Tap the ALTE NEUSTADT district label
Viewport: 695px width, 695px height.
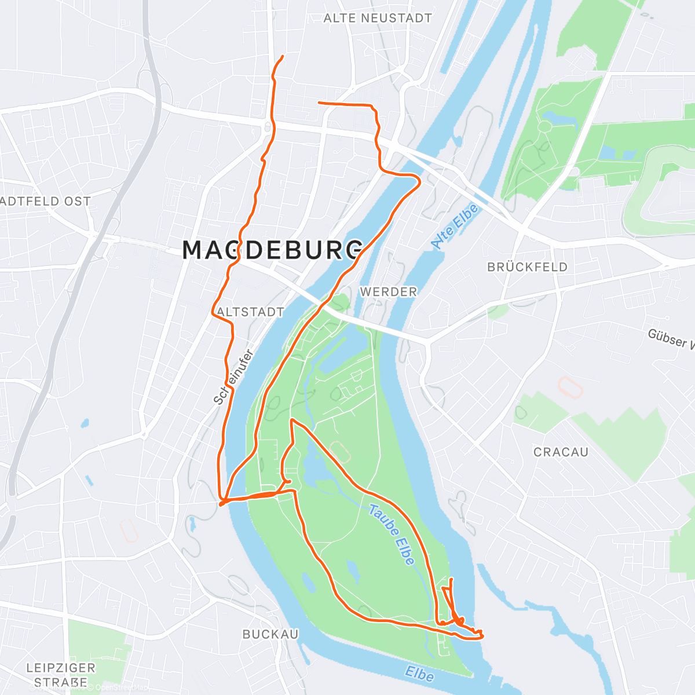(378, 19)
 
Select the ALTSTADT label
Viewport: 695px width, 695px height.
(251, 312)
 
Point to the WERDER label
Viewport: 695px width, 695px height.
(389, 292)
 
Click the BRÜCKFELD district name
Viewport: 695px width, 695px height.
(527, 267)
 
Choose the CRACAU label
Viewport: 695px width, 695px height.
(561, 452)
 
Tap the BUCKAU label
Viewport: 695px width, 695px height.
(270, 634)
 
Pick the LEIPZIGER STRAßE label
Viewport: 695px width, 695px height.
(61, 675)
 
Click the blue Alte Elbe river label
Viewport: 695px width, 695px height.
(455, 226)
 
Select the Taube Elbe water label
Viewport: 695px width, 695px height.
(393, 535)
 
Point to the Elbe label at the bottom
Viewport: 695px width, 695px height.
(419, 674)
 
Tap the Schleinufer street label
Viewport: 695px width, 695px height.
(234, 376)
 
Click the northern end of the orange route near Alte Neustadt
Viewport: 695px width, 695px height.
(283, 56)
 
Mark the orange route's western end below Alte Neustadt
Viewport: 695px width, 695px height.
(319, 103)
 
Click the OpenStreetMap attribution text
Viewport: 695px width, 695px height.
(122, 688)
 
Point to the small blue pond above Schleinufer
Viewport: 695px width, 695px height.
(86, 423)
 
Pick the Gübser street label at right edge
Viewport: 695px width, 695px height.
(671, 338)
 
